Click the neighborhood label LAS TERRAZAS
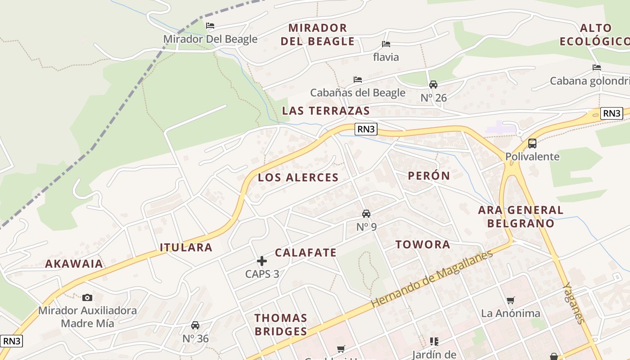click(x=326, y=111)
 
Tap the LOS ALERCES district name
click(x=298, y=177)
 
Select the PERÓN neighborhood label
click(x=429, y=175)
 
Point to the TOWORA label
click(x=423, y=244)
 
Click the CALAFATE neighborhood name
click(x=306, y=252)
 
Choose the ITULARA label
click(x=186, y=247)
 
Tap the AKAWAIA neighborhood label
click(x=74, y=264)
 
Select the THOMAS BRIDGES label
click(x=281, y=324)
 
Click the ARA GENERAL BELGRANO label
click(x=521, y=216)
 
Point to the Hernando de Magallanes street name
click(x=432, y=279)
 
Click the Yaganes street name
click(x=574, y=303)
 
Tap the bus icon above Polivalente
click(x=532, y=144)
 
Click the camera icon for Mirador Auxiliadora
click(x=87, y=297)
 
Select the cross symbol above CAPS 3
click(x=262, y=261)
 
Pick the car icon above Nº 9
click(x=366, y=214)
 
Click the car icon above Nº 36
click(x=195, y=325)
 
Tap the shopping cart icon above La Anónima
click(x=510, y=300)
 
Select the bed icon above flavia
click(x=386, y=44)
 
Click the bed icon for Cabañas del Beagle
click(x=358, y=80)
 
